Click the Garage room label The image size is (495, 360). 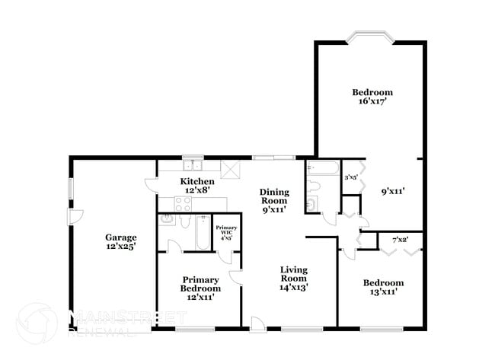[120, 241]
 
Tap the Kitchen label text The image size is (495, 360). [196, 185]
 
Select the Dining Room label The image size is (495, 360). [273, 200]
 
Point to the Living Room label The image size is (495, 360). [292, 278]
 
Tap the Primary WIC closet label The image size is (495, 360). [225, 232]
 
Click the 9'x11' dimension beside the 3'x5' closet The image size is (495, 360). [392, 192]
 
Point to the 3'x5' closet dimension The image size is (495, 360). [351, 177]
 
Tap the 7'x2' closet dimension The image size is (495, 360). [400, 241]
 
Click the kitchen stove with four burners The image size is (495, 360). [184, 203]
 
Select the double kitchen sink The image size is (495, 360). [191, 164]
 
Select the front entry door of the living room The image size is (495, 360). [259, 325]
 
